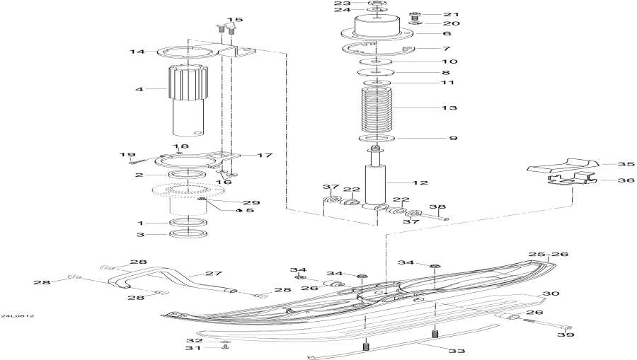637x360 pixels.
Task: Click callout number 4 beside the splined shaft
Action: coord(139,89)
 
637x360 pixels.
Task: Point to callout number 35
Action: coord(625,164)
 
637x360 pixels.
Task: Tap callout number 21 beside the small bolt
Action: coord(452,14)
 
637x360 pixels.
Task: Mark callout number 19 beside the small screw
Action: coord(127,155)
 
